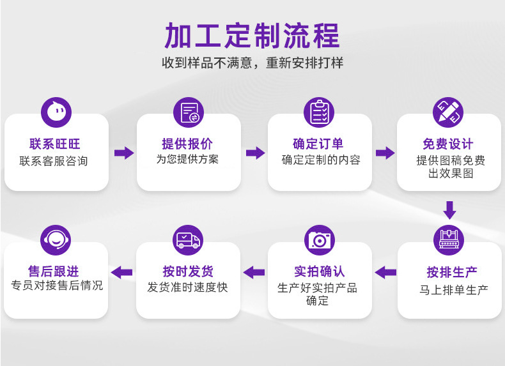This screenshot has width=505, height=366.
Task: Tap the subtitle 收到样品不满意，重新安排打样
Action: [x=252, y=63]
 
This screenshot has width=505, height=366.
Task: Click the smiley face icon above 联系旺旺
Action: [x=56, y=112]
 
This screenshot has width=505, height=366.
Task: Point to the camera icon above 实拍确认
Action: [x=320, y=240]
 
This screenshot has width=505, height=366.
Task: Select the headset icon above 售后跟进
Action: [x=56, y=240]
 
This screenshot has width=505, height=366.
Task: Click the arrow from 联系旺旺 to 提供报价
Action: [x=124, y=153]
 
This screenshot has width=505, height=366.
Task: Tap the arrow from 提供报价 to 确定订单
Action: [x=255, y=153]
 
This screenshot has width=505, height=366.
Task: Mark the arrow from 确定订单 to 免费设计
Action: [x=385, y=153]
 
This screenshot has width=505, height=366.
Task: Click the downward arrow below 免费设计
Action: [x=449, y=210]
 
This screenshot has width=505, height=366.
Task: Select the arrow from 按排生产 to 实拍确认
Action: [x=385, y=273]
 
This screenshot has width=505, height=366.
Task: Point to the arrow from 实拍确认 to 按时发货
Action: [x=254, y=273]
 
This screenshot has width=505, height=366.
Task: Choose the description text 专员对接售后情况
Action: [x=57, y=286]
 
